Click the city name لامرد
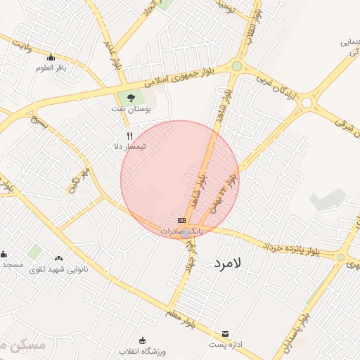pyautogui.click(x=226, y=263)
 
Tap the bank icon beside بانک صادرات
pyautogui.click(x=182, y=220)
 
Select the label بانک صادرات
pyautogui.click(x=181, y=231)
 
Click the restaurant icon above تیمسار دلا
pyautogui.click(x=129, y=135)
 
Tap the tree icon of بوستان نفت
pyautogui.click(x=129, y=97)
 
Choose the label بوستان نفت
pyautogui.click(x=129, y=109)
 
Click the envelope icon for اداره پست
pyautogui.click(x=225, y=333)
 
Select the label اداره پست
pyautogui.click(x=226, y=345)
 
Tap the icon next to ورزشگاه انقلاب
pyautogui.click(x=143, y=340)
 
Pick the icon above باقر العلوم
pyautogui.click(x=51, y=58)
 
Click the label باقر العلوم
pyautogui.click(x=51, y=69)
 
